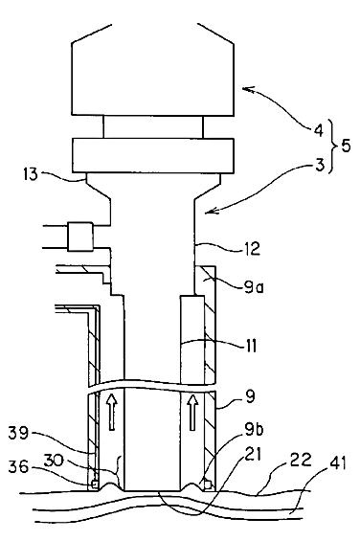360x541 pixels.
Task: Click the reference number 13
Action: pyautogui.click(x=31, y=174)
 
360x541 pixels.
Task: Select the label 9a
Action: pyautogui.click(x=254, y=287)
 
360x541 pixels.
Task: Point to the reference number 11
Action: pyautogui.click(x=249, y=346)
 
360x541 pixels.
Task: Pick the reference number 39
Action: pyautogui.click(x=19, y=433)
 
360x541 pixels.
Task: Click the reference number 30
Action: pyautogui.click(x=53, y=461)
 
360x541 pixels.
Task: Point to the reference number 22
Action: pyautogui.click(x=302, y=460)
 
